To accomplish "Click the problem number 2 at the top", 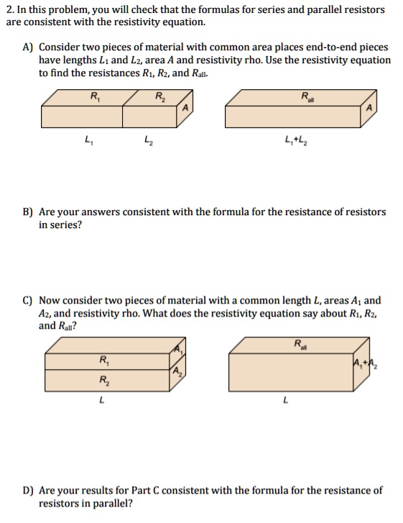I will [x=8, y=10].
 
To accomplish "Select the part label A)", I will [x=28, y=47].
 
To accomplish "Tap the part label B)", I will [x=28, y=212].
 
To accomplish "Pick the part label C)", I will [x=28, y=300].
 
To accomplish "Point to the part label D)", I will [x=28, y=491].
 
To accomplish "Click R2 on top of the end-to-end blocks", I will [x=159, y=96].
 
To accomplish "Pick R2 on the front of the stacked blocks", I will [x=105, y=380].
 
